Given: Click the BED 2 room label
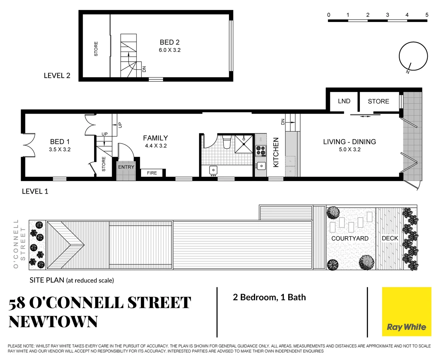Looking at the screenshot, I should point(169,42).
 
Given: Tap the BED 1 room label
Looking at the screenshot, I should point(60,142).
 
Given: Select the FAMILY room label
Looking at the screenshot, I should point(155,138).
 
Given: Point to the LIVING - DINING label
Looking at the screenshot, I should point(349,142).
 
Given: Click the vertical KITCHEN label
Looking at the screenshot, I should point(276,152).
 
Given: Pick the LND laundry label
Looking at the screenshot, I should point(344,101).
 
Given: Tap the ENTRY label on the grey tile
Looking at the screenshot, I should point(126,167).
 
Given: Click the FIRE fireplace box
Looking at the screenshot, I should point(152,173).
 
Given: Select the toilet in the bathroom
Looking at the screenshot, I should point(227,142).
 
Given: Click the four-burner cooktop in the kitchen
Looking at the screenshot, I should point(261,151).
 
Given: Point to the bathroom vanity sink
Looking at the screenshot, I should point(213,170).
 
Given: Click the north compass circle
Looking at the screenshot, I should point(413,56).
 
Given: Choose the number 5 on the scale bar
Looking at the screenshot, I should point(427,15).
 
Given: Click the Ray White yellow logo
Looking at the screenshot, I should point(406,312).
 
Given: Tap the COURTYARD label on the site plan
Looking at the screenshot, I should point(350,238).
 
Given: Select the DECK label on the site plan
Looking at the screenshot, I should point(390,238).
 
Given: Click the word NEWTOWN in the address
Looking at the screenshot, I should point(53,322).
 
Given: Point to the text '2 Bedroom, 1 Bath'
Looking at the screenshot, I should point(269,297).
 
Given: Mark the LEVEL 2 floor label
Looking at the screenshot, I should point(57,76).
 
